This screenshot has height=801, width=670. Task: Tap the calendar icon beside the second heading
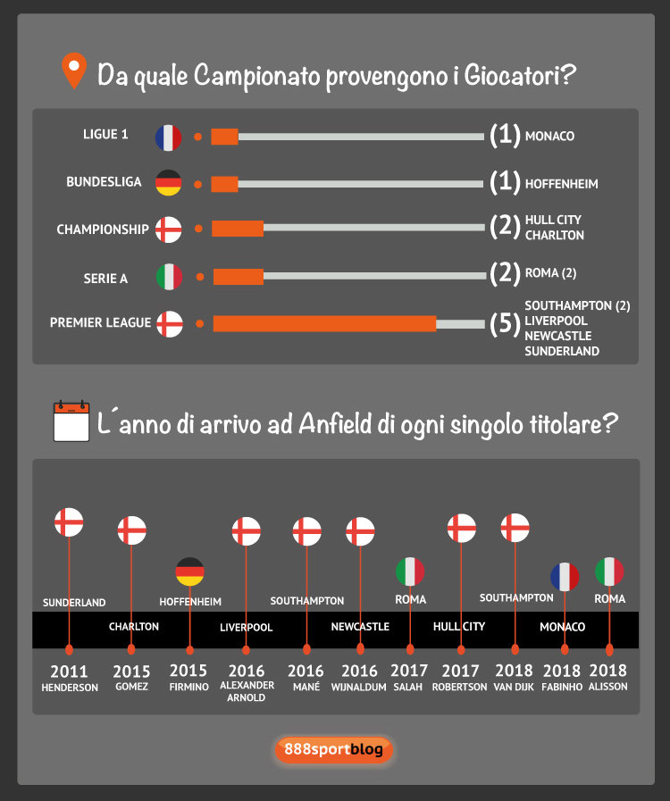71,421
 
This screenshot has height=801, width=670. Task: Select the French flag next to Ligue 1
168,137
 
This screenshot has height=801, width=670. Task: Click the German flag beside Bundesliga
168,183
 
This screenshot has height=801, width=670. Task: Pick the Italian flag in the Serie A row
168,277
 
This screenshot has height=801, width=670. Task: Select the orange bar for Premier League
324,323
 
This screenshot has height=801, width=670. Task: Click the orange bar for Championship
238,229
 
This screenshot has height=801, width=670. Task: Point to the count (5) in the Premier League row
505,323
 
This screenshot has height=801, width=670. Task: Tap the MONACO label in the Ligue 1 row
549,137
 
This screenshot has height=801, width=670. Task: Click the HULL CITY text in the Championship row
553,220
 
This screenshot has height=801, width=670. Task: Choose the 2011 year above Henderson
70,671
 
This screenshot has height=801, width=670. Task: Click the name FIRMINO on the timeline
188,687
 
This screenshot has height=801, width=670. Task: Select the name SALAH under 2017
409,687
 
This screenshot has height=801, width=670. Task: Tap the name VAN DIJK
515,687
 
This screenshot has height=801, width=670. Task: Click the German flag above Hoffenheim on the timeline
189,572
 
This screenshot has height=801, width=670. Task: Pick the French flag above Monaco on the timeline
564,577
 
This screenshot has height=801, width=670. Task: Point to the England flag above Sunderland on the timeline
69,522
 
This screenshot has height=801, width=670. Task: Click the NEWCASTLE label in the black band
360,627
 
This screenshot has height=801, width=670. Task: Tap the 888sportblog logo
332,749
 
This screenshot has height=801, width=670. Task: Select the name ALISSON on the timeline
609,687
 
